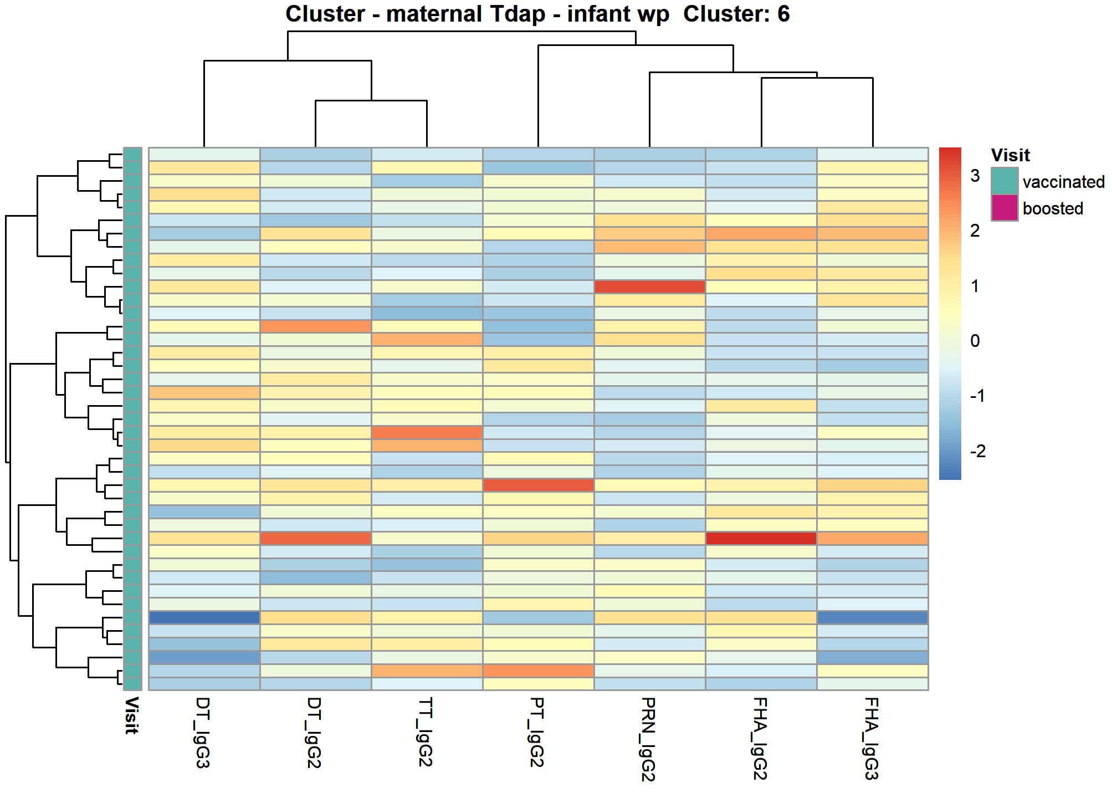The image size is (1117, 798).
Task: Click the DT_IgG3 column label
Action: coord(203,732)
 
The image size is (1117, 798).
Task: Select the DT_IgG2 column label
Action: coord(315,732)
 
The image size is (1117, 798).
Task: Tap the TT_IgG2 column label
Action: coord(426,731)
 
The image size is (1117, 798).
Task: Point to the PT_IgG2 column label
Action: coord(537,731)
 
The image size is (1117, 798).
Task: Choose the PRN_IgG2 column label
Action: coord(649,739)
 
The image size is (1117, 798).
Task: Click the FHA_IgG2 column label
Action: coord(760,738)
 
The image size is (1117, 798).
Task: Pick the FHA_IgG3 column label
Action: coord(872,738)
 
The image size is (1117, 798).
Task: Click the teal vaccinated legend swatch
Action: coord(1005,181)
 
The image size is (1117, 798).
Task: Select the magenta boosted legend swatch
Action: coord(1005,208)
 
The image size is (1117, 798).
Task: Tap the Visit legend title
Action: coord(1010,155)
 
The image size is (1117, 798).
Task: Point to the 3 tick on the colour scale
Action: coord(975,176)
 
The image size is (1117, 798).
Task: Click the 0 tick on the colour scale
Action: coord(975,341)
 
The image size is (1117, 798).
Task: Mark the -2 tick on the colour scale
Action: coord(978,451)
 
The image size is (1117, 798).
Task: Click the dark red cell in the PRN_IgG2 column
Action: coord(649,287)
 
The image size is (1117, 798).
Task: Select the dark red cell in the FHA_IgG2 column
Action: coord(761,538)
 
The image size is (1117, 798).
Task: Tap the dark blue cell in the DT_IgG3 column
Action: coord(204,617)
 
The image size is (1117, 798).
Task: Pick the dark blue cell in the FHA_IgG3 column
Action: coord(873,617)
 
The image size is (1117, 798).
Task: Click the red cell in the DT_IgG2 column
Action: coord(316,538)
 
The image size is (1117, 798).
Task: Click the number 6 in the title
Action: coord(783,14)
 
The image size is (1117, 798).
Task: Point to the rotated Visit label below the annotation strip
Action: coord(131,715)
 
